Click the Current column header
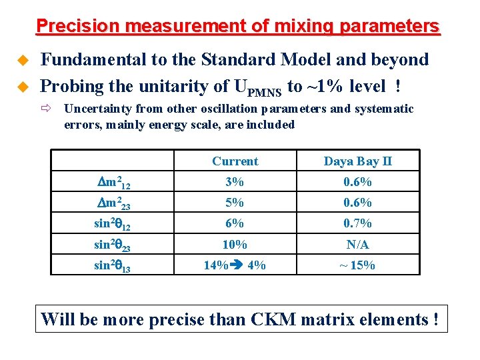coord(235,161)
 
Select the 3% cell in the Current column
coord(235,182)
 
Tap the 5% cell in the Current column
coord(235,203)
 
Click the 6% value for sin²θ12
coord(235,223)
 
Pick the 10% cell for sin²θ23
coord(235,244)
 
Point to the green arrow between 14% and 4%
coord(237,265)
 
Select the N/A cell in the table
coord(357,244)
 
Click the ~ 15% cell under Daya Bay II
coord(357,265)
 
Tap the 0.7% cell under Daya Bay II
coord(357,223)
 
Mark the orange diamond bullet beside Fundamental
coord(21,61)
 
